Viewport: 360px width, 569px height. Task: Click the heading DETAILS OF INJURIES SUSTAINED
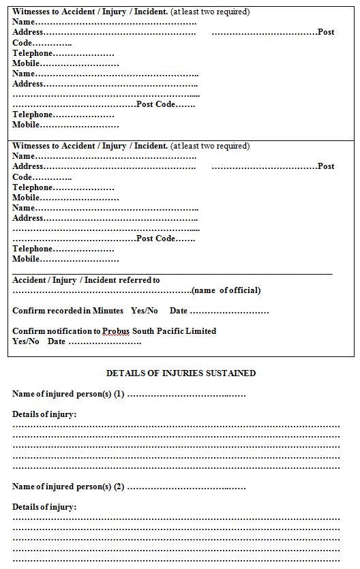point(181,373)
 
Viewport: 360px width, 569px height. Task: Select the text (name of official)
point(226,290)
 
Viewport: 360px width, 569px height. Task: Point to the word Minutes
point(108,311)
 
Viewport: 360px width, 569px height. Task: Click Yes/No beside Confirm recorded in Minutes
point(144,311)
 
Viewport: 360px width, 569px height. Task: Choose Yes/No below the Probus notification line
point(26,341)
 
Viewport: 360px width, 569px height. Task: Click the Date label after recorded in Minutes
point(179,311)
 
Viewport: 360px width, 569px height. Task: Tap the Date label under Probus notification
point(57,341)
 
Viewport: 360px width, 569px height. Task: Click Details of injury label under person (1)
point(44,414)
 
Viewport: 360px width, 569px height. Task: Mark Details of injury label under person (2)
point(44,507)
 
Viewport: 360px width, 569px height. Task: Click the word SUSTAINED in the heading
point(232,373)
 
